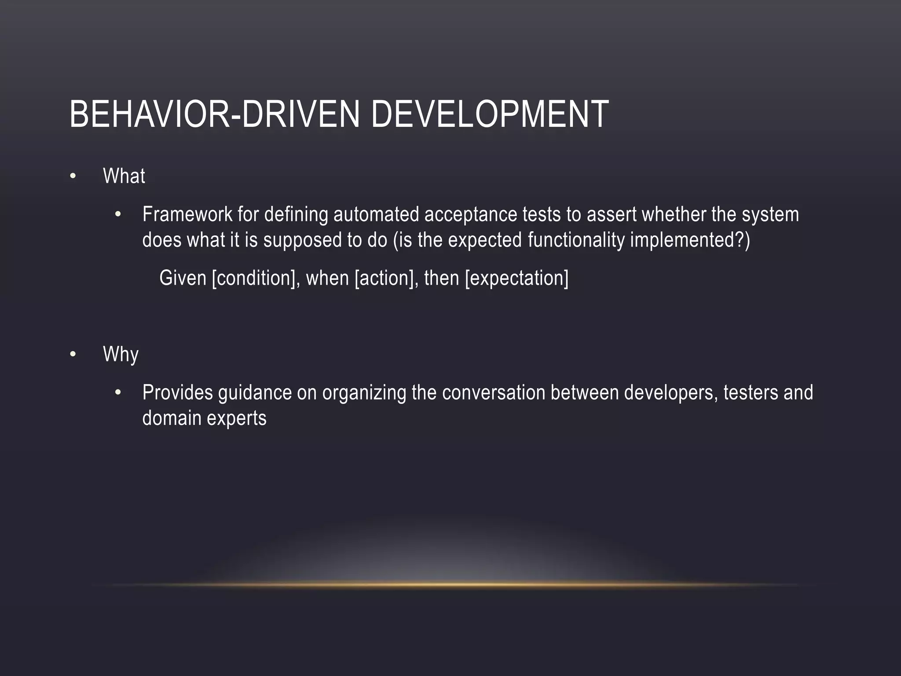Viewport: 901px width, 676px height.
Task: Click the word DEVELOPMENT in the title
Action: pos(490,114)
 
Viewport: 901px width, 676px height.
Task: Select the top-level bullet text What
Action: pos(124,176)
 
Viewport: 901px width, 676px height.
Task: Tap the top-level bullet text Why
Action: pos(121,354)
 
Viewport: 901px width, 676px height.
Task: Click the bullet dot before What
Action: pos(73,176)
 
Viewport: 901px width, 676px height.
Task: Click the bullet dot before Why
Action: pos(73,354)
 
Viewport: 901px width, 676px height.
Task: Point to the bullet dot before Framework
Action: pos(117,215)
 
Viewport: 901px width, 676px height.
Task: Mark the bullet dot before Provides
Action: pos(117,393)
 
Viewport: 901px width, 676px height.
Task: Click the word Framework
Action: pos(187,215)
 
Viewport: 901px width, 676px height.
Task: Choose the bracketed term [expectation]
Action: pos(516,278)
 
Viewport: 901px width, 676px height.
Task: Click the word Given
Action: pos(183,278)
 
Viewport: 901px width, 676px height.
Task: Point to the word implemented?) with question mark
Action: pos(690,240)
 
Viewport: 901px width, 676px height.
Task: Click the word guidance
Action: pos(254,393)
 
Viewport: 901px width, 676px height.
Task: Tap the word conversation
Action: pos(494,393)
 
